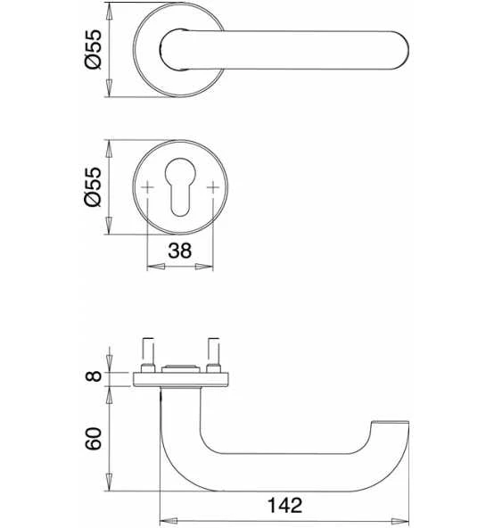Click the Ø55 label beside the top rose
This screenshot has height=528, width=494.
click(x=93, y=49)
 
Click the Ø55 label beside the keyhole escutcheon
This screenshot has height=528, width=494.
click(x=93, y=186)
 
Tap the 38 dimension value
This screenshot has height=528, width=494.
click(x=180, y=251)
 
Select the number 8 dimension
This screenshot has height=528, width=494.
click(x=94, y=375)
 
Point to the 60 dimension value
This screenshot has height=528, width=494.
click(x=94, y=439)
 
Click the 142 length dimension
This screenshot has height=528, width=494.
click(x=284, y=506)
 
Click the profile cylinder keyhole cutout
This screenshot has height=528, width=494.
click(x=180, y=186)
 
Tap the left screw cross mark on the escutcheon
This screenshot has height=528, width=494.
click(x=147, y=187)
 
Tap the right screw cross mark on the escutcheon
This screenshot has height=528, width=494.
click(x=213, y=187)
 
